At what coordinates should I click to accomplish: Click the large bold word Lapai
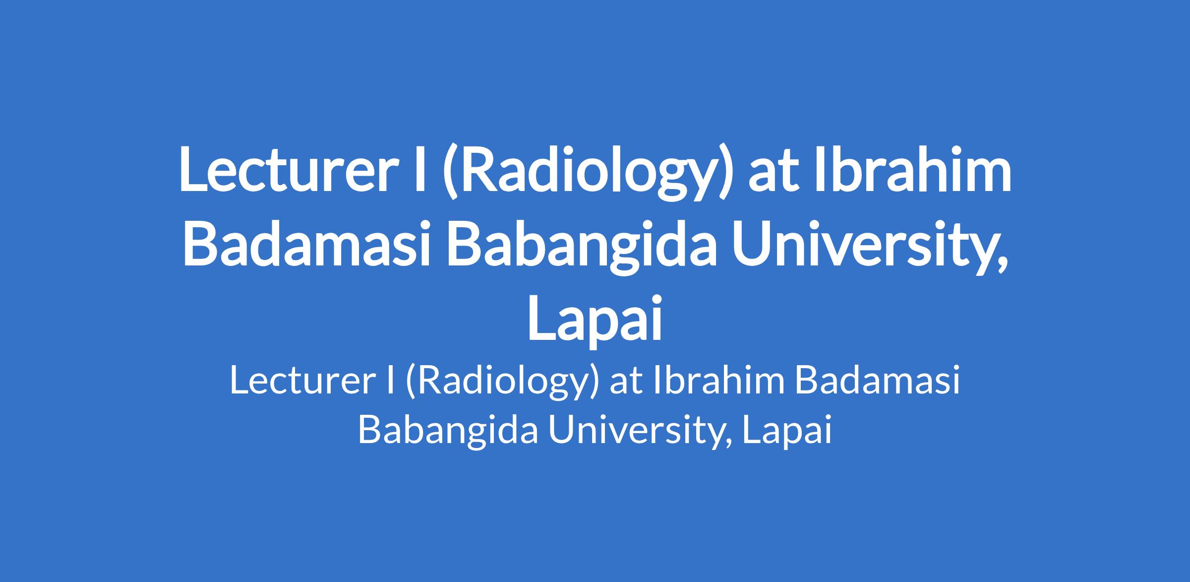[x=595, y=319]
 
